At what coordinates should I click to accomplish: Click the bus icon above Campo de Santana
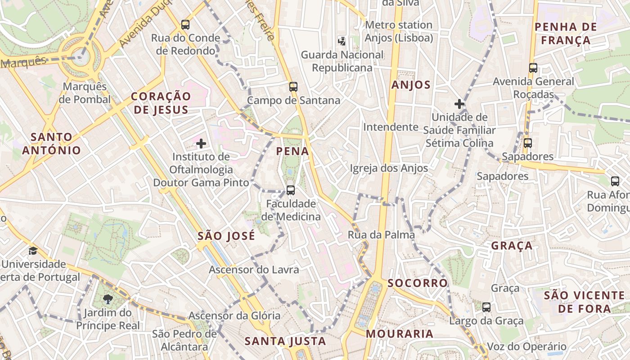pos(293,87)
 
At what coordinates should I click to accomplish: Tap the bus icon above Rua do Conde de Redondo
pos(185,25)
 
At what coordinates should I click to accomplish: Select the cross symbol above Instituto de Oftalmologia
pos(201,144)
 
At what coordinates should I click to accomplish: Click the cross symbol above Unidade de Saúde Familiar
pos(459,104)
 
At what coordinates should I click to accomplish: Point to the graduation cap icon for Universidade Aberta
pos(33,251)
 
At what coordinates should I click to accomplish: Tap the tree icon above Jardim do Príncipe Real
pos(108,299)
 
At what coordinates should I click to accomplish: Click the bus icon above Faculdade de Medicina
pos(291,190)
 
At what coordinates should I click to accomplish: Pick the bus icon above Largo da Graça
pos(486,307)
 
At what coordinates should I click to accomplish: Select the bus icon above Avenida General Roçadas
pos(533,68)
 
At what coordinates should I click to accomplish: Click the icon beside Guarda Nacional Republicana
pos(342,41)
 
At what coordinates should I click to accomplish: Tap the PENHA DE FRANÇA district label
pos(566,33)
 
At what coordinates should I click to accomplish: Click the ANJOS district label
pos(411,85)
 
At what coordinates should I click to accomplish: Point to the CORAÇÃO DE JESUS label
pos(161,103)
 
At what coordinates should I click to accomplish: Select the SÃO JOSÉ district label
pos(226,236)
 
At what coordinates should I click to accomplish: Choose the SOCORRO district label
pos(418,283)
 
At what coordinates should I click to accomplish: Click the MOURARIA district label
pos(400,334)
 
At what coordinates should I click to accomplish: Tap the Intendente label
pos(391,127)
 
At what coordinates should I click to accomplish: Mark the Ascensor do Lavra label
pos(254,270)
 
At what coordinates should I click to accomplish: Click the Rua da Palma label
pos(381,234)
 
